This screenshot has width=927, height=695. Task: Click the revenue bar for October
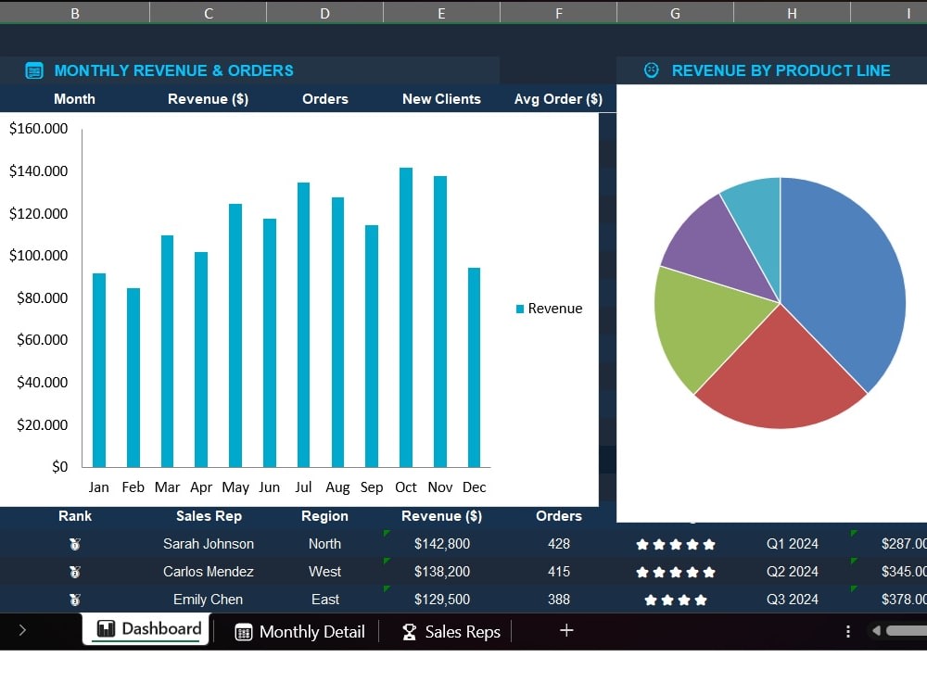pos(406,317)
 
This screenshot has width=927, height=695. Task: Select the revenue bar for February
pos(133,378)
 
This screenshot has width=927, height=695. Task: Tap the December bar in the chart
pos(474,368)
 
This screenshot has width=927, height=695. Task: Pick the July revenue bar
pos(303,325)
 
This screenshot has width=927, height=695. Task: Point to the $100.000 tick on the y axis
pos(38,256)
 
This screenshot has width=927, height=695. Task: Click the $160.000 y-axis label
pos(38,128)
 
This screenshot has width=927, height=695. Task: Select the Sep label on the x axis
pos(372,487)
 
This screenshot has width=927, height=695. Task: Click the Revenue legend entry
pos(549,309)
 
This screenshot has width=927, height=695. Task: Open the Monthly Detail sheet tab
pos(300,632)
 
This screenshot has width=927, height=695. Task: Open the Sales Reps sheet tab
pos(451,632)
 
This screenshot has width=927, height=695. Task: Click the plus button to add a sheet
pos(566,630)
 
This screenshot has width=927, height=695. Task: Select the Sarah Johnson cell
pos(209,544)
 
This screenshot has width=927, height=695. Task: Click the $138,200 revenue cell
pos(442,572)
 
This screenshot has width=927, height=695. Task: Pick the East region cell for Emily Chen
pos(325,600)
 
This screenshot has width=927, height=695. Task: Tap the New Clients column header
pos(441,99)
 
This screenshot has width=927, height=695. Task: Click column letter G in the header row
pos(675,13)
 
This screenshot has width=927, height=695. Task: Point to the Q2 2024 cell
pos(793,572)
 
